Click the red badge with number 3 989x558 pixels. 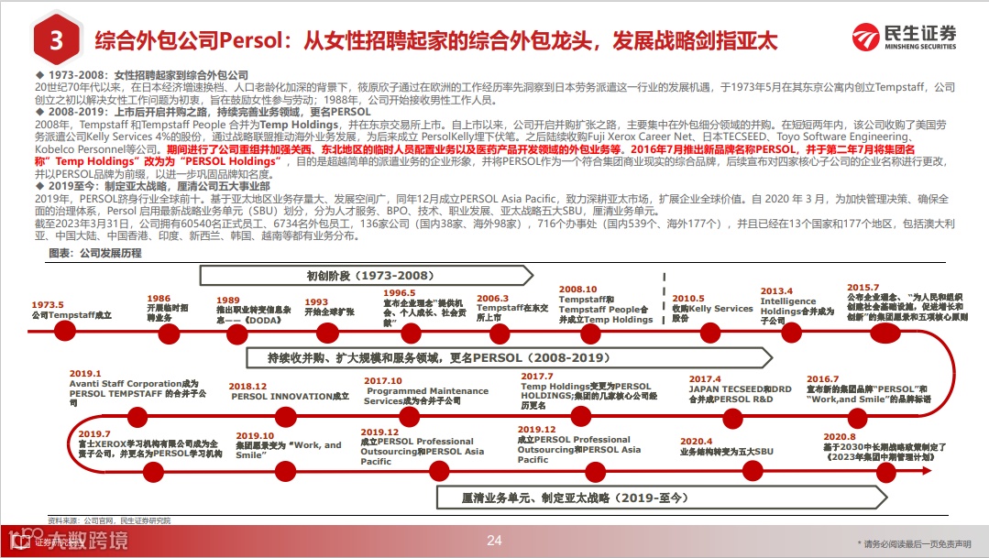click(x=56, y=40)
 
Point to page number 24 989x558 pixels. click(x=494, y=541)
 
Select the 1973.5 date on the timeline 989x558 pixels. click(x=48, y=304)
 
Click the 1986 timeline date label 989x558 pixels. click(x=159, y=299)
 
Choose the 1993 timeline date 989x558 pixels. click(x=316, y=301)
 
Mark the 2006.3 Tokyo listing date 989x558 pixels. click(x=492, y=298)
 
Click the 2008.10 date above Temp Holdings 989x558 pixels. click(x=577, y=290)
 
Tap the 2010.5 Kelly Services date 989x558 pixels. click(x=688, y=299)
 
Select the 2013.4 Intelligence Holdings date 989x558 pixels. click(x=776, y=291)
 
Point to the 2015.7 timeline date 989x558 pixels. click(x=863, y=287)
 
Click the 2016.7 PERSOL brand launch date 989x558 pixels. click(x=822, y=378)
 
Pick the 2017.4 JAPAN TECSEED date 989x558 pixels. click(x=706, y=378)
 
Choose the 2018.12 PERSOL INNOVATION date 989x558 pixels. click(x=247, y=387)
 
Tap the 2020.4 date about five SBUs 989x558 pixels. click(x=696, y=441)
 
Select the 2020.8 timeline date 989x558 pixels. click(x=840, y=437)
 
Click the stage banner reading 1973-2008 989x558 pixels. click(x=366, y=275)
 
